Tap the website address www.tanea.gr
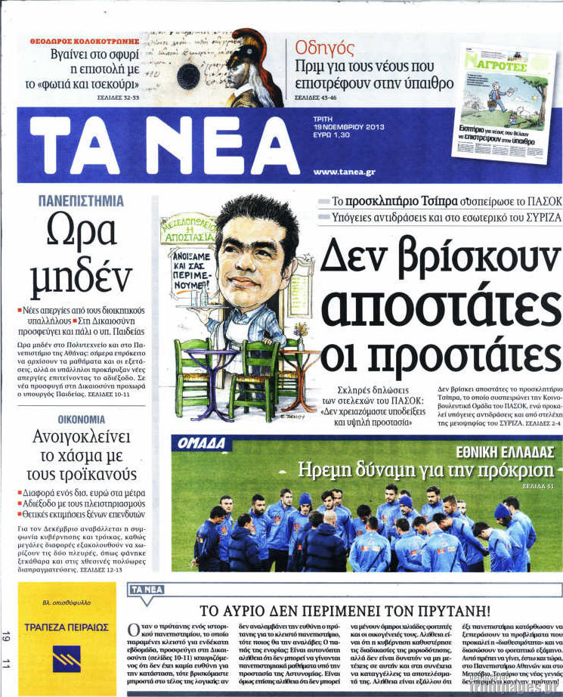click(x=344, y=172)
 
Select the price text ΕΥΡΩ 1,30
click(x=331, y=135)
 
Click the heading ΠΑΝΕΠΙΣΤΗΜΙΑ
click(x=80, y=201)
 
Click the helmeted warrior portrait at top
click(x=253, y=69)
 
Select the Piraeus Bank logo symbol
click(x=67, y=658)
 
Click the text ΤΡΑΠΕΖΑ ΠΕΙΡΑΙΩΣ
click(x=67, y=627)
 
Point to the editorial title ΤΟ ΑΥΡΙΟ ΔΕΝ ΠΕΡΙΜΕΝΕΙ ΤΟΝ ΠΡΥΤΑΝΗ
click(x=345, y=609)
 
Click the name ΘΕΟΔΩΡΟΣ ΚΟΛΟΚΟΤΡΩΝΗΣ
click(x=85, y=39)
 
